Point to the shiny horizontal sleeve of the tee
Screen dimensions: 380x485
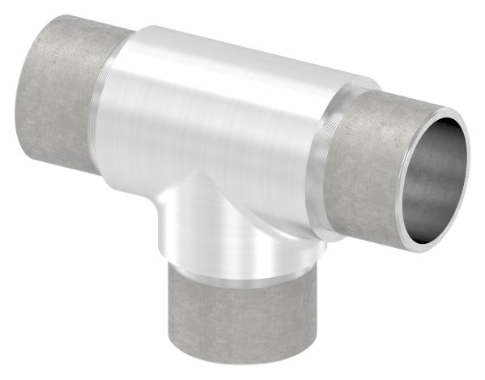click(219, 105)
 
